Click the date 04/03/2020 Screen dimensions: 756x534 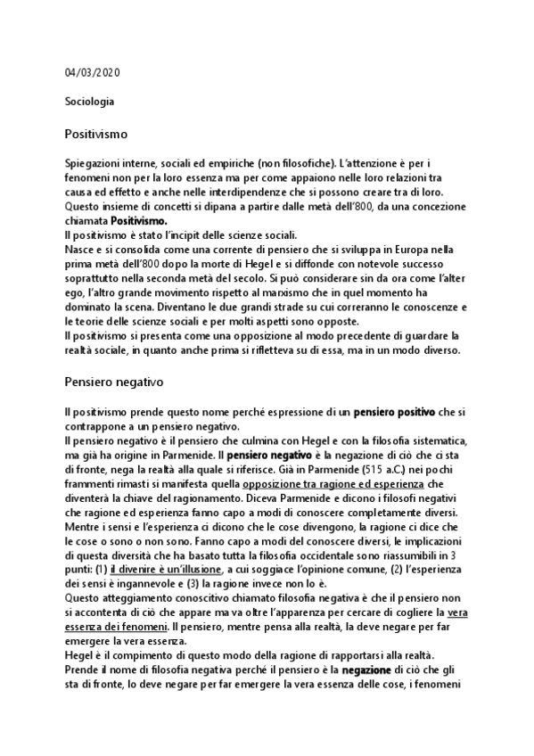point(93,72)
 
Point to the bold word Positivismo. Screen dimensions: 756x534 point(148,219)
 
